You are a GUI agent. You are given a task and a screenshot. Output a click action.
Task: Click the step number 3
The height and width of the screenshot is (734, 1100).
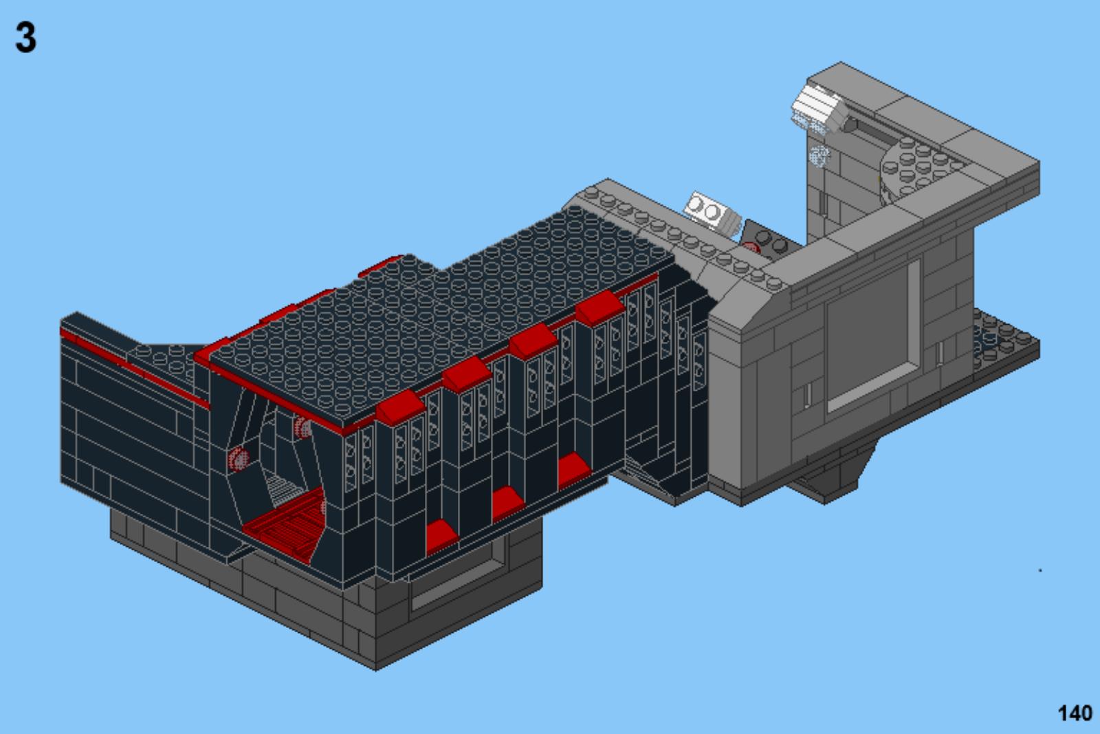[x=26, y=37]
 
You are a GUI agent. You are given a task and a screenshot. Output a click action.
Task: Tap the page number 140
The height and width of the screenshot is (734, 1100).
[x=1075, y=713]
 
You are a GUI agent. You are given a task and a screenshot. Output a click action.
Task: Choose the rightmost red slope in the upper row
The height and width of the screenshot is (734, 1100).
[x=600, y=307]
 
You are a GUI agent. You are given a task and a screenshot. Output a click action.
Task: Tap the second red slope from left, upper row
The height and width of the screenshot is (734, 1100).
[x=467, y=374]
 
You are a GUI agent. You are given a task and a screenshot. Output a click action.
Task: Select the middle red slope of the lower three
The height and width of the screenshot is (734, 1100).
[x=507, y=503]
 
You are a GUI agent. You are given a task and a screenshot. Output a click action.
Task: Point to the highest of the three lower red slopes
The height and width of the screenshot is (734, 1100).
[x=574, y=469]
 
